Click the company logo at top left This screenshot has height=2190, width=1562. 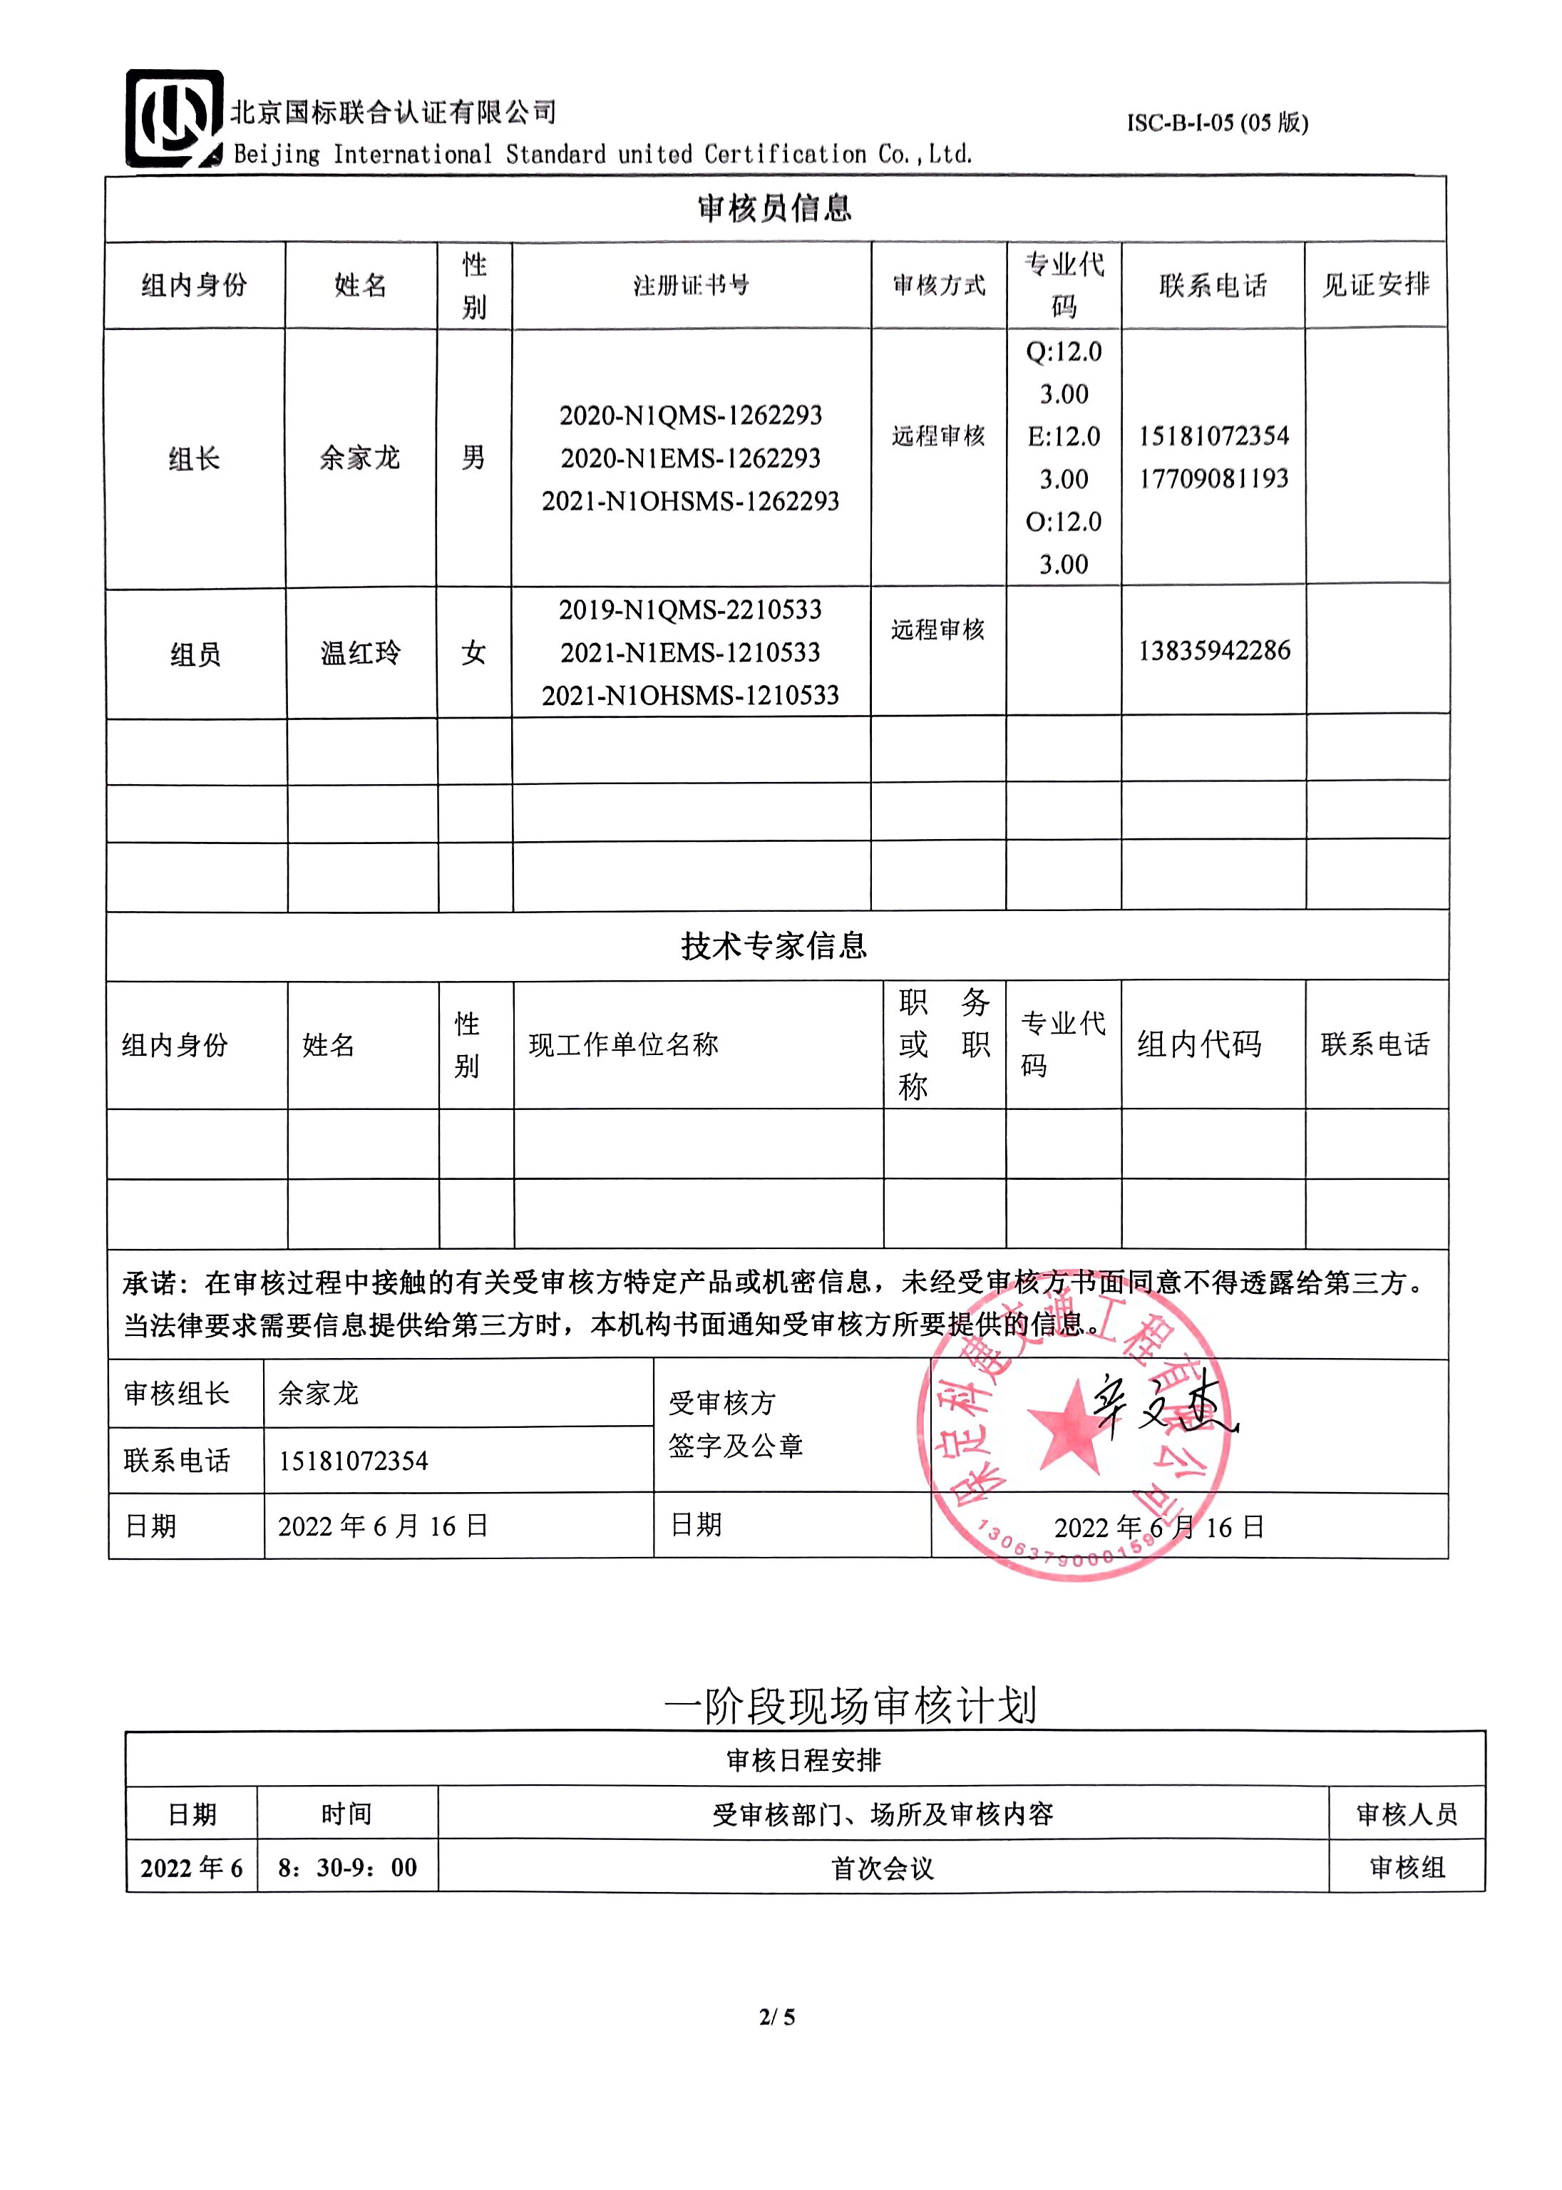(x=174, y=119)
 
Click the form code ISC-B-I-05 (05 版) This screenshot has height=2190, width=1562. (x=1217, y=123)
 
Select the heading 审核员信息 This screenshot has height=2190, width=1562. (x=774, y=207)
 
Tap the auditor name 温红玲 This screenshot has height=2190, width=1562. (x=361, y=653)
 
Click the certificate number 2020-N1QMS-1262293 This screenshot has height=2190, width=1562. (x=691, y=416)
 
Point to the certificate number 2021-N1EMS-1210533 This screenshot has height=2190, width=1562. (x=691, y=652)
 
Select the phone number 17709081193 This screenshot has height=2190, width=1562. (x=1214, y=478)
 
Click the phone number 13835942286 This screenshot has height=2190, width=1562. (x=1214, y=650)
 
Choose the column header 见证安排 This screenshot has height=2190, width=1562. (x=1375, y=284)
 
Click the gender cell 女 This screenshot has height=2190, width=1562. (x=473, y=653)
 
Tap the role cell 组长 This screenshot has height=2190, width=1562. (x=195, y=459)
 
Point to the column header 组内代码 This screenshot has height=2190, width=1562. (x=1198, y=1044)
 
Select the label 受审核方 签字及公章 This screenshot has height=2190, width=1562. (x=736, y=1424)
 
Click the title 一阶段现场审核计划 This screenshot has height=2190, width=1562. (x=851, y=1706)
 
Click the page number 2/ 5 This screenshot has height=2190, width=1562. (x=777, y=2017)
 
